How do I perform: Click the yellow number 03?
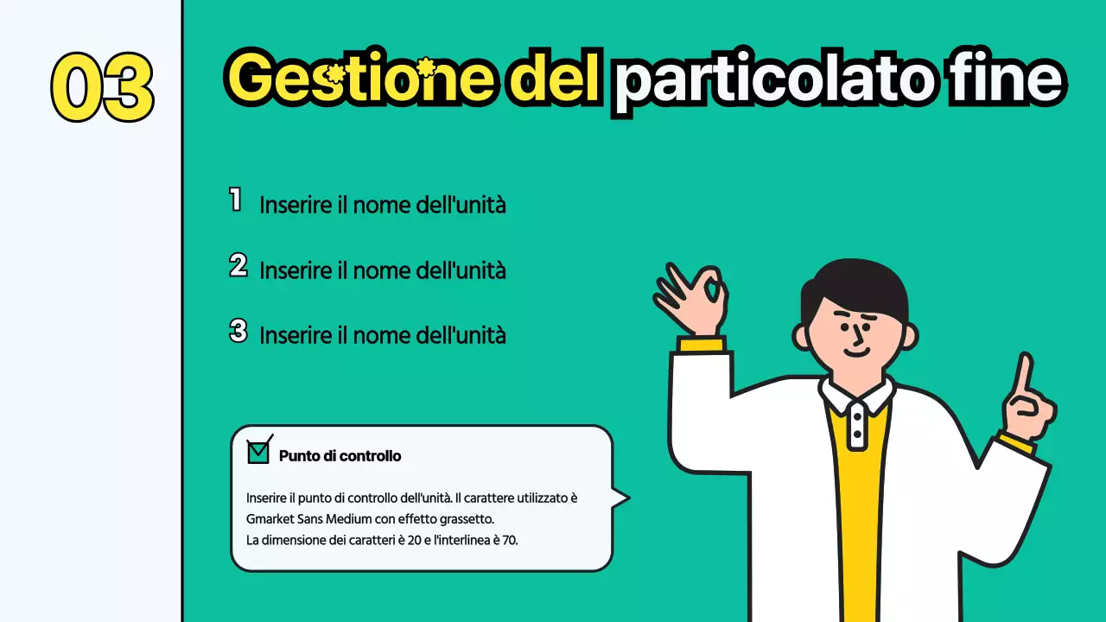(x=102, y=86)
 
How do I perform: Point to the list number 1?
(x=235, y=200)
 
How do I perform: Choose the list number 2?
(x=238, y=265)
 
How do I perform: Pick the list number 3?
(x=238, y=331)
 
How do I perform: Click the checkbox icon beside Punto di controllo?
(x=258, y=450)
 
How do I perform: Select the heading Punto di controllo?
(x=340, y=455)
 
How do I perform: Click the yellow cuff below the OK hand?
(x=701, y=345)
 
